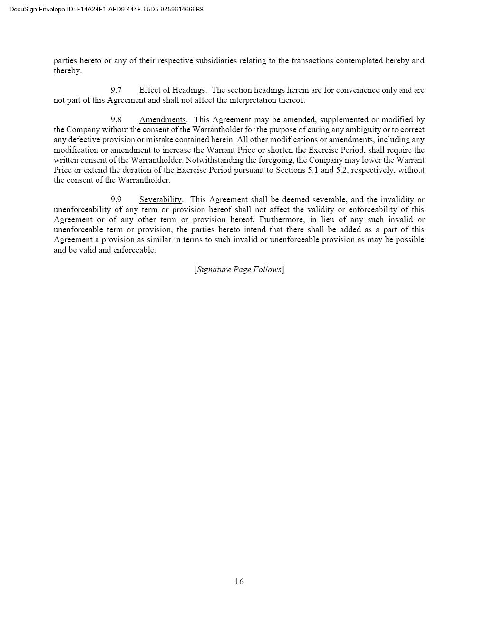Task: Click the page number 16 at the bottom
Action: click(x=239, y=581)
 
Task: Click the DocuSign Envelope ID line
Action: click(x=107, y=9)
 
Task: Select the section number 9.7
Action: click(x=116, y=90)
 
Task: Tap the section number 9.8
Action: click(x=116, y=119)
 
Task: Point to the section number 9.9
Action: click(x=116, y=199)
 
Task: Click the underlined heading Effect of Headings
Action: click(x=172, y=90)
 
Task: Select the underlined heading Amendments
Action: click(x=162, y=119)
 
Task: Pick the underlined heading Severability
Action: click(x=160, y=199)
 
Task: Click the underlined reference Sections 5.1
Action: click(x=297, y=170)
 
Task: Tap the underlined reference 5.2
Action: click(x=341, y=170)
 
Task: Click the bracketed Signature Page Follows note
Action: click(x=239, y=269)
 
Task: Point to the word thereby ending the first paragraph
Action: click(x=67, y=71)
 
